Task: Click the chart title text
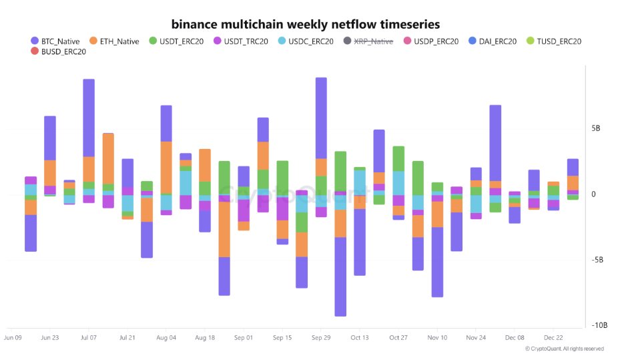point(306,24)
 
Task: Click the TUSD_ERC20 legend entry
point(557,41)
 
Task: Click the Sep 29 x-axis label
point(321,338)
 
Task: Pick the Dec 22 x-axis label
point(553,338)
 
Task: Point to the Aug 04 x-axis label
point(166,338)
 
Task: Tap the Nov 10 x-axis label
point(437,338)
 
